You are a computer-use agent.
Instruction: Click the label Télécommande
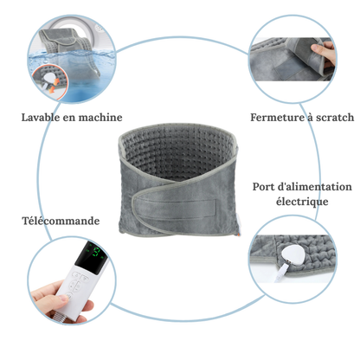(60, 221)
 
